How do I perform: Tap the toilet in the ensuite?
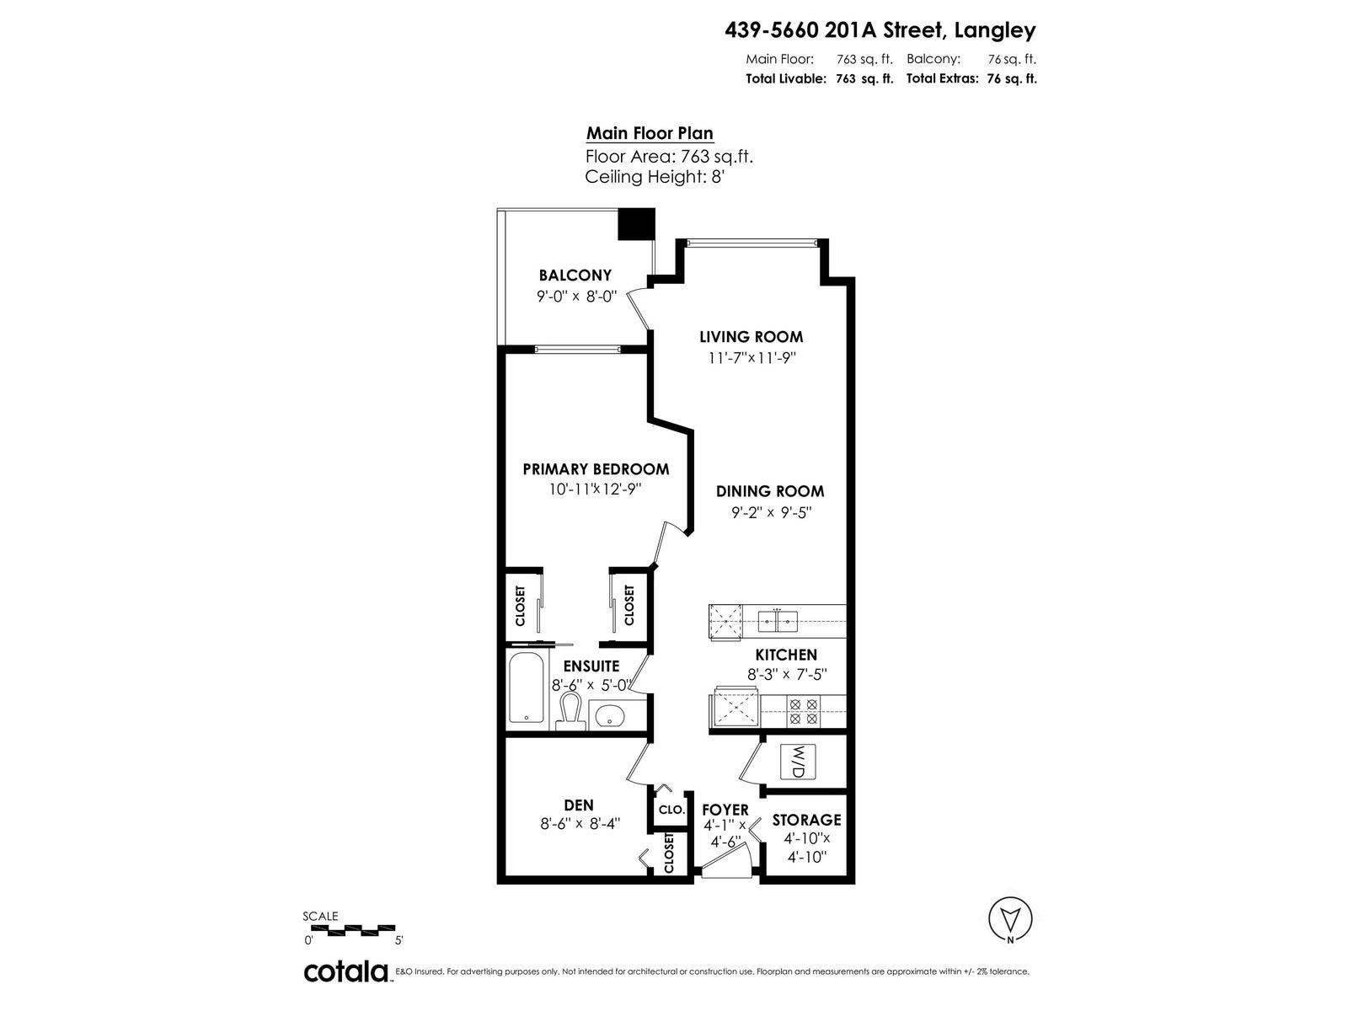click(x=570, y=711)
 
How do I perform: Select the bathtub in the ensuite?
click(x=526, y=688)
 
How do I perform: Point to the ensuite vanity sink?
click(x=611, y=715)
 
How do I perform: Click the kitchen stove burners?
click(x=803, y=711)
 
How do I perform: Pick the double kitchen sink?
click(x=778, y=621)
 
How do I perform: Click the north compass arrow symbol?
click(x=1009, y=919)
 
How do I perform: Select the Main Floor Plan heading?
click(x=650, y=133)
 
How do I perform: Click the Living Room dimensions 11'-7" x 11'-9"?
click(x=752, y=358)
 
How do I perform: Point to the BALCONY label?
click(x=575, y=275)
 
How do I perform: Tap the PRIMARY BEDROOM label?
click(x=596, y=469)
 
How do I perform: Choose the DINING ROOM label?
click(x=769, y=491)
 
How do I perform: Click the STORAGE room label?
click(x=806, y=820)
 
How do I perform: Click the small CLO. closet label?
click(x=671, y=810)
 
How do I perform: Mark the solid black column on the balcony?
click(x=636, y=224)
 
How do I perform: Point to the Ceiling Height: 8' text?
click(x=655, y=177)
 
